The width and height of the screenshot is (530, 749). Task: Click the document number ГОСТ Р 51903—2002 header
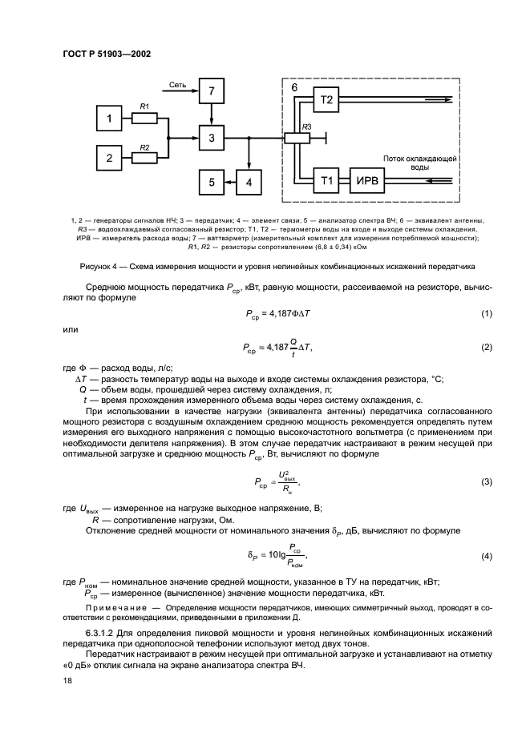pos(107,54)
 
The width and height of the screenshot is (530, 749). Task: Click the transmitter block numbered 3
pos(212,138)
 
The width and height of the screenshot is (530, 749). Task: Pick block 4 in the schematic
pos(249,183)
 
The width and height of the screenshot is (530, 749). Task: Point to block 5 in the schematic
pos(212,183)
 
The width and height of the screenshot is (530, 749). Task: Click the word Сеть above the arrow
pos(178,83)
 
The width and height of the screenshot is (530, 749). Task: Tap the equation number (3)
pos(486,482)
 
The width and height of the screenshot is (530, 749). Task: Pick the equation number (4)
pos(486,556)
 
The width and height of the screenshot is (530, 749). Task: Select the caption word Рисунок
pos(96,264)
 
